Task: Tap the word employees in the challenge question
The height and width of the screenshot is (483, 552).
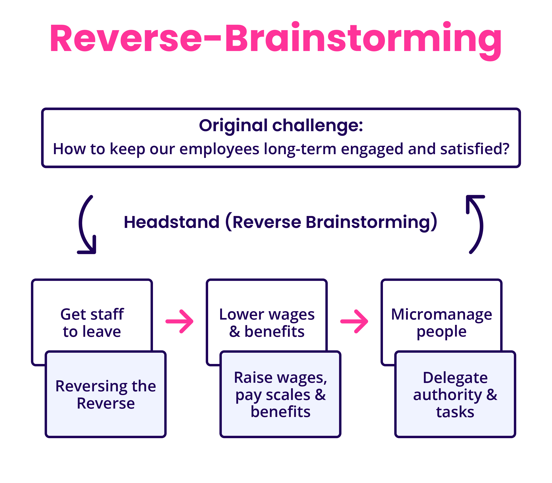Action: pyautogui.click(x=219, y=149)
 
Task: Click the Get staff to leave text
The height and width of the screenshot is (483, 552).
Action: pyautogui.click(x=92, y=323)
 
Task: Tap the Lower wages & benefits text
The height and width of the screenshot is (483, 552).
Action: pyautogui.click(x=267, y=323)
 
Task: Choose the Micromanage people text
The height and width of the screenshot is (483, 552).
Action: pyautogui.click(x=441, y=323)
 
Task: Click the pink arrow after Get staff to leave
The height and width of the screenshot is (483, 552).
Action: pyautogui.click(x=179, y=321)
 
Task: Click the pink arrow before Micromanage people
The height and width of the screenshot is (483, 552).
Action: pyautogui.click(x=354, y=321)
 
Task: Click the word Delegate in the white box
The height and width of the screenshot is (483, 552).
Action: pyautogui.click(x=455, y=378)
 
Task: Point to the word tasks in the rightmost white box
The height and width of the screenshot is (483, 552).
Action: pyautogui.click(x=455, y=412)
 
